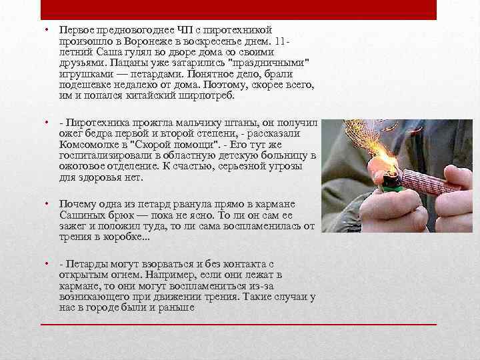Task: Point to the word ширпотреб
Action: tap(207, 97)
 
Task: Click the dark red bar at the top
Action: tap(240, 10)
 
